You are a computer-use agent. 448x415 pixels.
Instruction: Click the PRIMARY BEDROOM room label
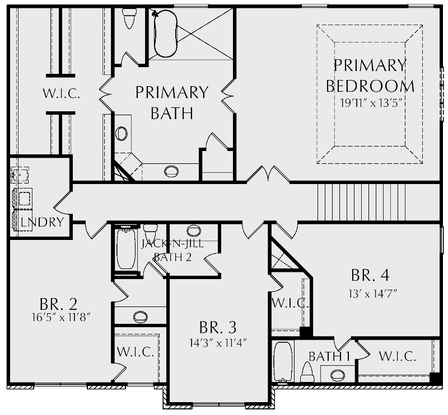[x=370, y=76]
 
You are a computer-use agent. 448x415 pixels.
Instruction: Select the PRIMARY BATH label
[x=172, y=102]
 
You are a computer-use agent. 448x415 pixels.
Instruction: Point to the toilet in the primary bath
[x=128, y=18]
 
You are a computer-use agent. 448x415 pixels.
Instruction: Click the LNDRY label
[x=41, y=223]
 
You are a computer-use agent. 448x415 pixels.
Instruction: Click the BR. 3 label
[x=218, y=327]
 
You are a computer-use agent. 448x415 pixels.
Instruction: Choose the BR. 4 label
[x=370, y=276]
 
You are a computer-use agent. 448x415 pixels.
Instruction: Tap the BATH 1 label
[x=329, y=356]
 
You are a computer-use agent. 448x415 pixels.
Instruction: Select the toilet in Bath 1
[x=307, y=371]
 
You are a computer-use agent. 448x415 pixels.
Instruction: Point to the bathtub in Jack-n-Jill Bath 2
[x=125, y=249]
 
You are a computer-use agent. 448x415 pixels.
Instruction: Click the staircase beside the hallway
[x=361, y=202]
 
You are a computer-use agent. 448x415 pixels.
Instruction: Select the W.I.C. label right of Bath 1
[x=397, y=356]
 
